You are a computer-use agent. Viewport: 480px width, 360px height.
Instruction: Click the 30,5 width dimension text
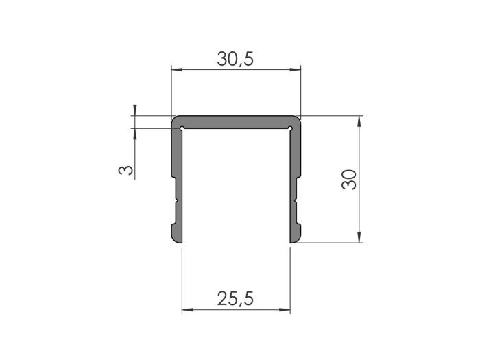coord(236,60)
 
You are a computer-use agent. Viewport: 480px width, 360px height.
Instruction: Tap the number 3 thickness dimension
coord(125,168)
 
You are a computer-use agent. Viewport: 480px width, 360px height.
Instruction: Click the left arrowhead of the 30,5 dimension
coord(174,69)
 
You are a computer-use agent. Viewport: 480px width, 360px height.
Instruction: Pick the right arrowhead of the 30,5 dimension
coord(298,69)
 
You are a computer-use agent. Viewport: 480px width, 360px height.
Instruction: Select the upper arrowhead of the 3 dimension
coord(135,110)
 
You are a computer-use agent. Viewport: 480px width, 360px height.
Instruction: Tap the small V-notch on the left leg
coord(177,201)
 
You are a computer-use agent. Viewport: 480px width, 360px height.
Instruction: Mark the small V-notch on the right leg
coord(295,201)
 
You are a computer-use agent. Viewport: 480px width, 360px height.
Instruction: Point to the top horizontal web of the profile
coord(236,121)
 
